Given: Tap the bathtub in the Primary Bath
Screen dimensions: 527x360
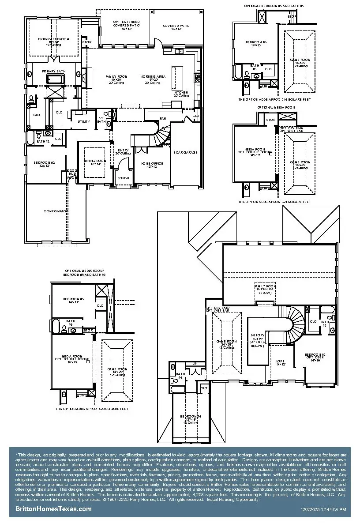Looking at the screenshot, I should [55, 80].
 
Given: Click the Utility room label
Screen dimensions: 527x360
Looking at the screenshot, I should [84, 121].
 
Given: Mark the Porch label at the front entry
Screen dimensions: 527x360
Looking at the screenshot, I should [123, 178].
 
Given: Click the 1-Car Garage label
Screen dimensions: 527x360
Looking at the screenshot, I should [185, 152].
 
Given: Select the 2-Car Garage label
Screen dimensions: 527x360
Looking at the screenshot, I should [56, 211].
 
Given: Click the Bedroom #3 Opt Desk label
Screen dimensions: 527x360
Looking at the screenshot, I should [315, 357].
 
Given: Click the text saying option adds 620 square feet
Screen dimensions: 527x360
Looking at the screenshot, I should [92, 409].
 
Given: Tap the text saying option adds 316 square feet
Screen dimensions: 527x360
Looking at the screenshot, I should [274, 100].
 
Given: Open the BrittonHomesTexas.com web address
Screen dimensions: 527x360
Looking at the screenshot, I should [53, 509].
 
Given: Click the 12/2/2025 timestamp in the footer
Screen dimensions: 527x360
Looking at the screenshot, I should [323, 509].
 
